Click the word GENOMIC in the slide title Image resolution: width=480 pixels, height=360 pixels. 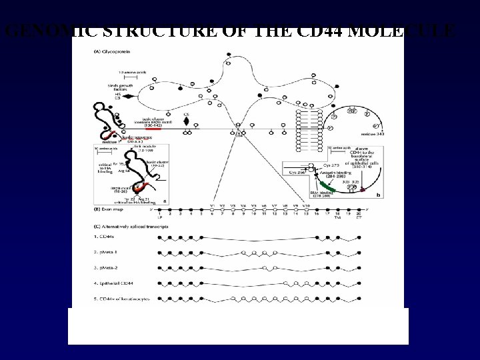pos(41,31)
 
